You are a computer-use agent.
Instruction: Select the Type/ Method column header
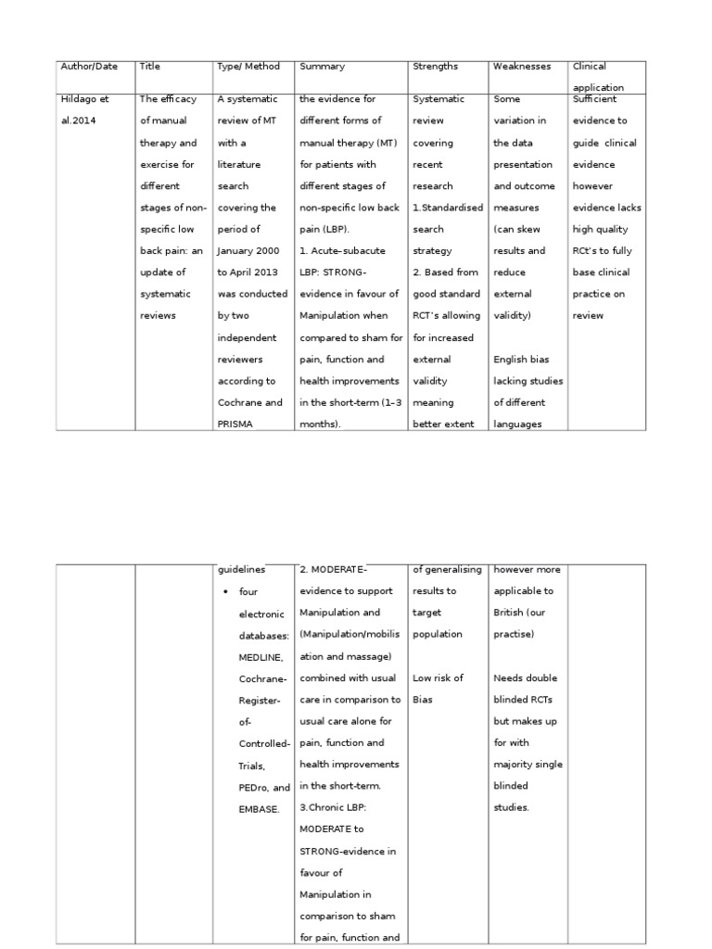coord(241,67)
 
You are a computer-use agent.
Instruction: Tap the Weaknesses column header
coord(522,67)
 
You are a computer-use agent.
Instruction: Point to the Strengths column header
coord(436,67)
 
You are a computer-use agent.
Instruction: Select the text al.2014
coord(78,120)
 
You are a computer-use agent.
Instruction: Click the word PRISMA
coord(237,424)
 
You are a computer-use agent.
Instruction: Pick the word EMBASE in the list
coord(260,809)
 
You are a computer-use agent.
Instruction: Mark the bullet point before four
coord(225,591)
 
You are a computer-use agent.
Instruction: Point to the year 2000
coord(263,250)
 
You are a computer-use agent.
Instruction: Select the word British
coord(511,613)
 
